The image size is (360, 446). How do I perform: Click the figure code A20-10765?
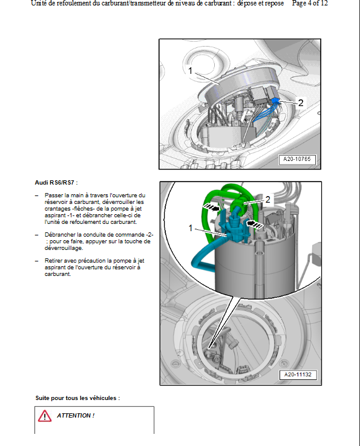pyautogui.click(x=297, y=159)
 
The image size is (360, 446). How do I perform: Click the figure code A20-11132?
pyautogui.click(x=298, y=375)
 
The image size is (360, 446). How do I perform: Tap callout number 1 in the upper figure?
pyautogui.click(x=191, y=70)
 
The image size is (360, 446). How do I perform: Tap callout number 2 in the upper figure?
pyautogui.click(x=301, y=102)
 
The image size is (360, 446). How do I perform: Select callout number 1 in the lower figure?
pyautogui.click(x=191, y=228)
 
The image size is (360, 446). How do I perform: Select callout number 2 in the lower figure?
pyautogui.click(x=267, y=199)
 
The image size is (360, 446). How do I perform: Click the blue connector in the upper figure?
pyautogui.click(x=275, y=101)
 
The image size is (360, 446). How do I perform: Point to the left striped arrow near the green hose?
pyautogui.click(x=212, y=208)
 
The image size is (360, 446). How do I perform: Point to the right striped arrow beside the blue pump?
pyautogui.click(x=255, y=223)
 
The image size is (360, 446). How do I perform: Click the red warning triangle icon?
pyautogui.click(x=45, y=416)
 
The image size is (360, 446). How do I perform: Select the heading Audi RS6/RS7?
pyautogui.click(x=56, y=183)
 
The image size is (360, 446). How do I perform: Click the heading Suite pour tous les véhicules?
pyautogui.click(x=77, y=398)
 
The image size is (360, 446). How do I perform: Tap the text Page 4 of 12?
pyautogui.click(x=310, y=4)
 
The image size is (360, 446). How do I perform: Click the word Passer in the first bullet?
pyautogui.click(x=53, y=195)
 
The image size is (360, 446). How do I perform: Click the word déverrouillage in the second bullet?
pyautogui.click(x=64, y=248)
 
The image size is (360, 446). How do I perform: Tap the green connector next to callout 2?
pyautogui.click(x=237, y=205)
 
